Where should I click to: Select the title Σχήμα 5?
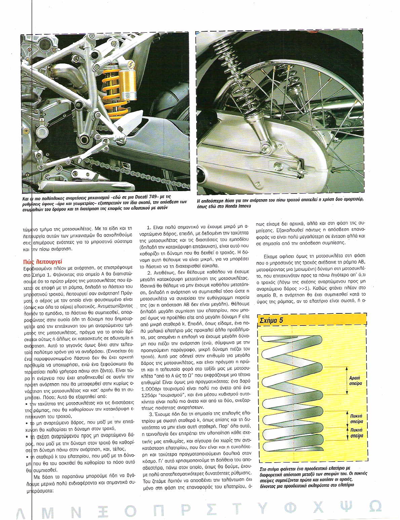[x=272, y=320]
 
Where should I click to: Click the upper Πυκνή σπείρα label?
[x=356, y=419]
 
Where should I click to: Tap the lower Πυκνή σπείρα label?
[x=356, y=433]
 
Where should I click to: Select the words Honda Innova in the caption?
[x=236, y=206]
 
